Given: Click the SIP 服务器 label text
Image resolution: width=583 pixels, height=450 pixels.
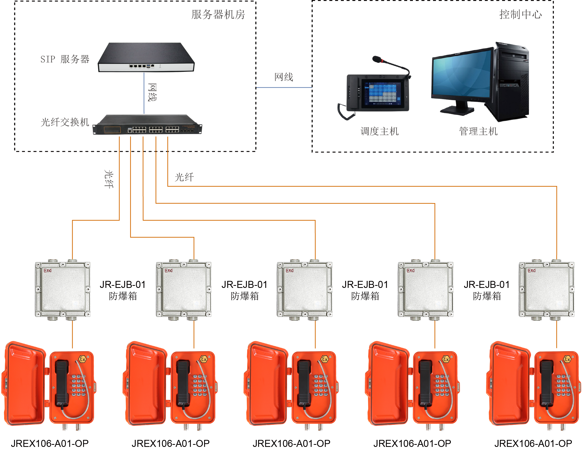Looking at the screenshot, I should pyautogui.click(x=65, y=59).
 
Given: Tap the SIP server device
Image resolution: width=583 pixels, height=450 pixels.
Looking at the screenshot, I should pyautogui.click(x=146, y=57).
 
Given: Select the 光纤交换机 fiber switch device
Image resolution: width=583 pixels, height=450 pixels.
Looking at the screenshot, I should pyautogui.click(x=147, y=125).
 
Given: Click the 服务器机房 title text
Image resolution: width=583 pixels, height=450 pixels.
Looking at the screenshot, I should pyautogui.click(x=218, y=15).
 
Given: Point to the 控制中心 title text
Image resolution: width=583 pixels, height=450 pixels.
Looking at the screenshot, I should pyautogui.click(x=520, y=15).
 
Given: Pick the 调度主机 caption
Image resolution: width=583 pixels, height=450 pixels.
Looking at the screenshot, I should pyautogui.click(x=379, y=131).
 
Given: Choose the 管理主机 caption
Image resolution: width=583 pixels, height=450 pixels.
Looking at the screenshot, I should pyautogui.click(x=478, y=131).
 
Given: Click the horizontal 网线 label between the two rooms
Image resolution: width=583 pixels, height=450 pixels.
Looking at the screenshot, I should pyautogui.click(x=284, y=77).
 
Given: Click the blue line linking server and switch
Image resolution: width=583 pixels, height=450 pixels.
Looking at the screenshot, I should pyautogui.click(x=144, y=93).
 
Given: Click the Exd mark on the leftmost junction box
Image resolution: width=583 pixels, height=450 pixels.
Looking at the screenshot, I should pyautogui.click(x=48, y=271).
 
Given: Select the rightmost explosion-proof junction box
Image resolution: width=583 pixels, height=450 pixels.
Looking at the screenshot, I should pyautogui.click(x=546, y=289).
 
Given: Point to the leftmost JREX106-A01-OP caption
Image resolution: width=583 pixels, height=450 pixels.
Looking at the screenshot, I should pyautogui.click(x=50, y=443).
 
